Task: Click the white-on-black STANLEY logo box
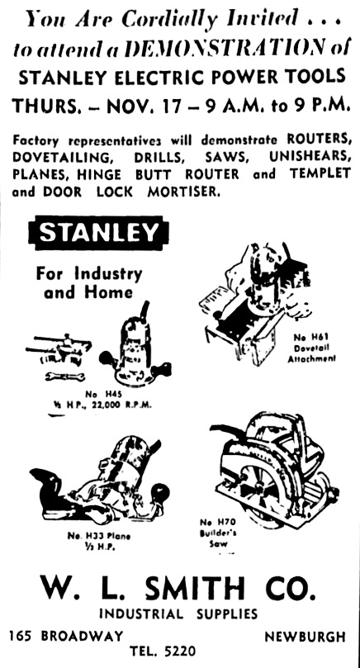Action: pyautogui.click(x=98, y=233)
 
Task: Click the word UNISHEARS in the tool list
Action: pyautogui.click(x=310, y=157)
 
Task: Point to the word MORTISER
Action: pyautogui.click(x=183, y=192)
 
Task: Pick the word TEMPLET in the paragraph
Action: pyautogui.click(x=320, y=174)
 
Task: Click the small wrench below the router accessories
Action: pyautogui.click(x=64, y=377)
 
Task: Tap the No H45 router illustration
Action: pyautogui.click(x=135, y=345)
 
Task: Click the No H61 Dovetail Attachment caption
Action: pyautogui.click(x=312, y=348)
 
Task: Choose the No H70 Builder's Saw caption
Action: pyautogui.click(x=218, y=533)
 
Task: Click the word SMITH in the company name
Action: pyautogui.click(x=195, y=588)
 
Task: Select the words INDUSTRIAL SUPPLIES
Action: pyautogui.click(x=178, y=614)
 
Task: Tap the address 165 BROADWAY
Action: pyautogui.click(x=66, y=637)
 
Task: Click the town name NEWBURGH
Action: pyautogui.click(x=305, y=637)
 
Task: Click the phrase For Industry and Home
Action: pyautogui.click(x=88, y=282)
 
